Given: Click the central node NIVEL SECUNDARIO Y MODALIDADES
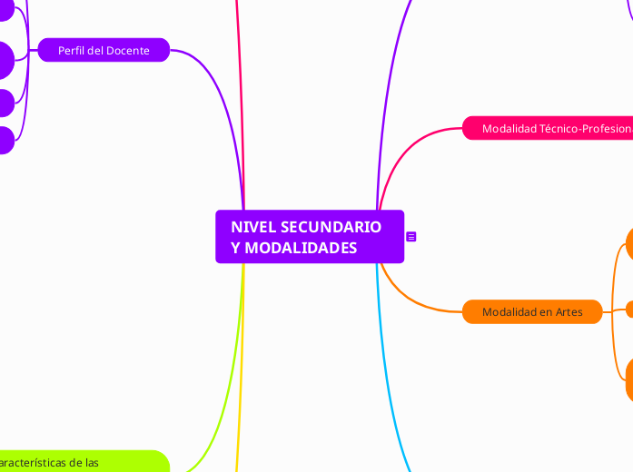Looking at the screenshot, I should pos(309,237).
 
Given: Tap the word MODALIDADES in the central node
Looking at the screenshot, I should pos(293,248).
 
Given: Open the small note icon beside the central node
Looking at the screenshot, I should pos(411,237).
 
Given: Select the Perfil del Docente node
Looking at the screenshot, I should pos(104,51).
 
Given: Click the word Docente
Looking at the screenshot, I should pos(128,51).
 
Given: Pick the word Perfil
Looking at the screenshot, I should pos(73,51).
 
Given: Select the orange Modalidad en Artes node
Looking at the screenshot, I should pos(532,312).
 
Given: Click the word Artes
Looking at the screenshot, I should pos(569,312).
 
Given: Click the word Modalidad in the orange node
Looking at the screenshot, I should pos(509,312).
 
